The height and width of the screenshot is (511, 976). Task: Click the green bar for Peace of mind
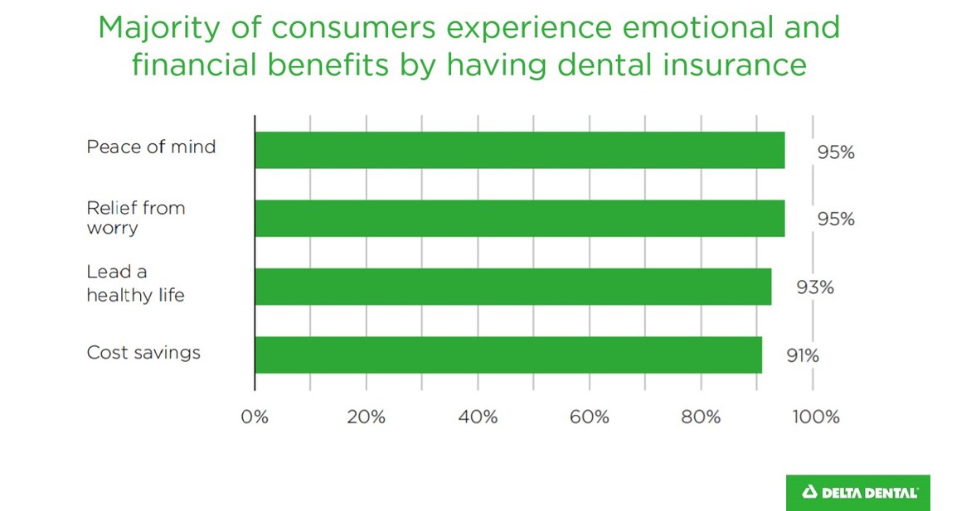click(x=519, y=150)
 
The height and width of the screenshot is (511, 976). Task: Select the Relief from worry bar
click(x=519, y=219)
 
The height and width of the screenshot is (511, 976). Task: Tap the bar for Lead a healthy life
click(x=512, y=287)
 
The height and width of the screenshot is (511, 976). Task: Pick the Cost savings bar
click(x=507, y=354)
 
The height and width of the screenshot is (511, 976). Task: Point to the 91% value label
click(x=802, y=356)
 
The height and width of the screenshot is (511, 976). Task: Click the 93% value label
click(x=815, y=288)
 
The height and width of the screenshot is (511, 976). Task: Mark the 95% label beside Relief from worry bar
click(x=835, y=220)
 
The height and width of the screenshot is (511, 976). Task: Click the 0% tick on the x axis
click(x=255, y=417)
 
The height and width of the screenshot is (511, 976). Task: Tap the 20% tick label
click(x=367, y=417)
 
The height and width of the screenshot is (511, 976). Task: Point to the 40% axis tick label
click(x=478, y=417)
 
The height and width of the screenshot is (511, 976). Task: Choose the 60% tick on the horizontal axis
click(x=590, y=417)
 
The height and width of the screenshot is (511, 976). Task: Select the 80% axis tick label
click(x=701, y=417)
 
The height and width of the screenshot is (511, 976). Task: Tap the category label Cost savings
click(x=143, y=353)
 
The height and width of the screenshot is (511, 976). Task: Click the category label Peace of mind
click(x=151, y=147)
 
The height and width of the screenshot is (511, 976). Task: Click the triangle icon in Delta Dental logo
click(x=809, y=493)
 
